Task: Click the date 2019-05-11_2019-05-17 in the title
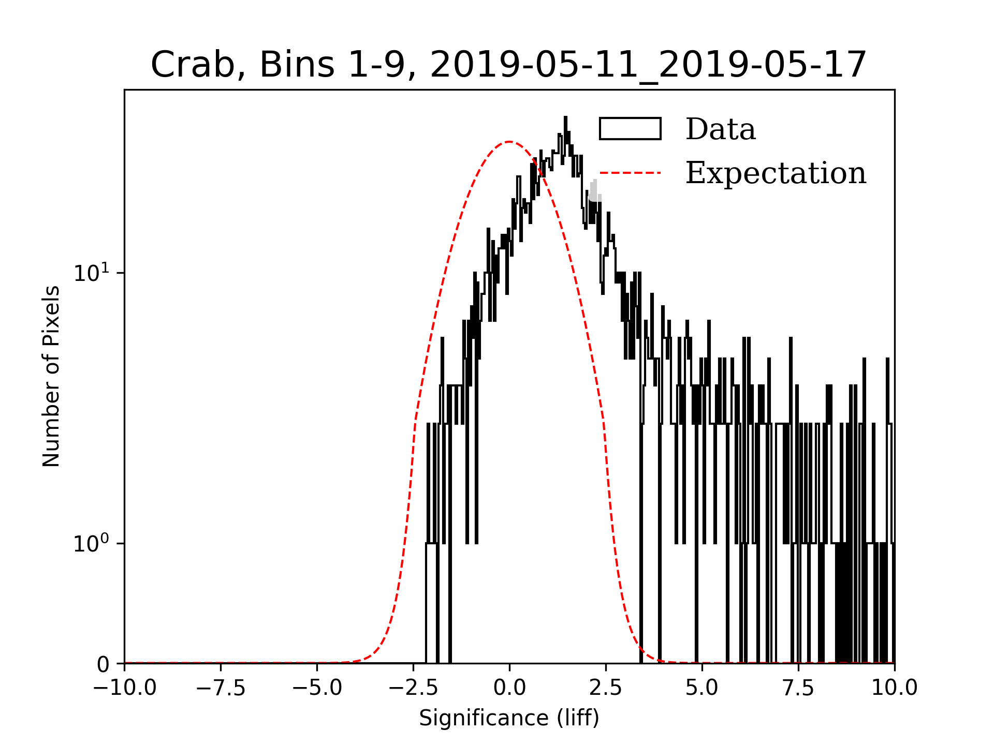coord(648,65)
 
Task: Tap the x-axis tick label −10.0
coord(124,688)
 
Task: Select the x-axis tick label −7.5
coord(221,688)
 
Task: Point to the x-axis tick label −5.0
coord(317,688)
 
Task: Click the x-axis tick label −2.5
coord(413,688)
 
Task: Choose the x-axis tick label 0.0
coord(509,688)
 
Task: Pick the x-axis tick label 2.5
coord(606,688)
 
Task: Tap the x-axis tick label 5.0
coord(702,688)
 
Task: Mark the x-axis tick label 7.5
coord(798,688)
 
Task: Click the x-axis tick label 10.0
coord(895,688)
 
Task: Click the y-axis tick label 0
coord(103,665)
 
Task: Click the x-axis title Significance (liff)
coord(509,718)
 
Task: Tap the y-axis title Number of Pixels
coord(51,376)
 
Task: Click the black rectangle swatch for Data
coord(630,129)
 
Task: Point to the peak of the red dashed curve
coord(509,141)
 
